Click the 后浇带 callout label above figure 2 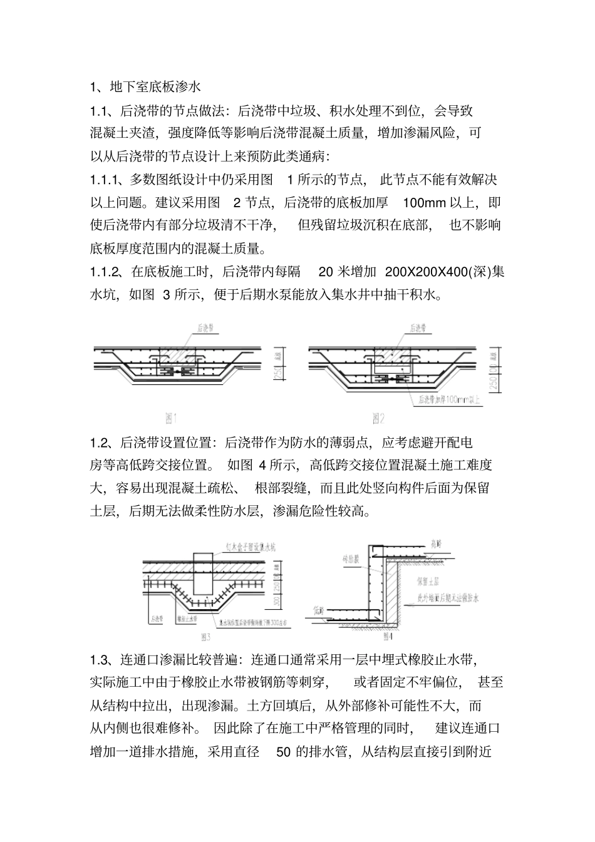(x=418, y=327)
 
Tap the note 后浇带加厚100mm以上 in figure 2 (x=446, y=399)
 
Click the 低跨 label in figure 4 (x=317, y=608)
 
